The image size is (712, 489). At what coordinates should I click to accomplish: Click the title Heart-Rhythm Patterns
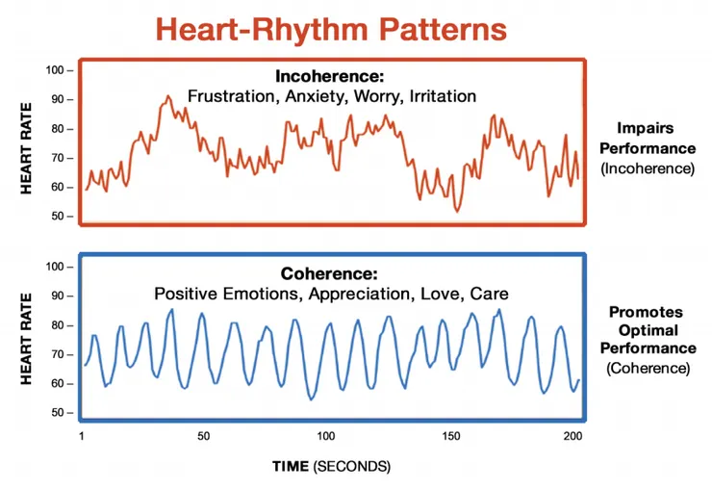point(331,28)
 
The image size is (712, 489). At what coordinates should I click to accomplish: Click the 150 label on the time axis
point(451,437)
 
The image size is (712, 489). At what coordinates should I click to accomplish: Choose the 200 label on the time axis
point(573,437)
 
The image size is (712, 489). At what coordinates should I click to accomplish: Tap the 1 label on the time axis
point(83,437)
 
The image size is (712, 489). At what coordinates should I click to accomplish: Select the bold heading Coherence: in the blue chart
point(331,273)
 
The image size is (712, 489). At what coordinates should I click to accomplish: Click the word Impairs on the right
point(647,128)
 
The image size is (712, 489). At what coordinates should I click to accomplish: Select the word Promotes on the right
point(647,313)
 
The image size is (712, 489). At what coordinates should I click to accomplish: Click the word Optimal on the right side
point(647,330)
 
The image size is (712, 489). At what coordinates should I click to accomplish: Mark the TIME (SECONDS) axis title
point(331,466)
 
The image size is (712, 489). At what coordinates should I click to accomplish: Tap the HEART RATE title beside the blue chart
point(27,340)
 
